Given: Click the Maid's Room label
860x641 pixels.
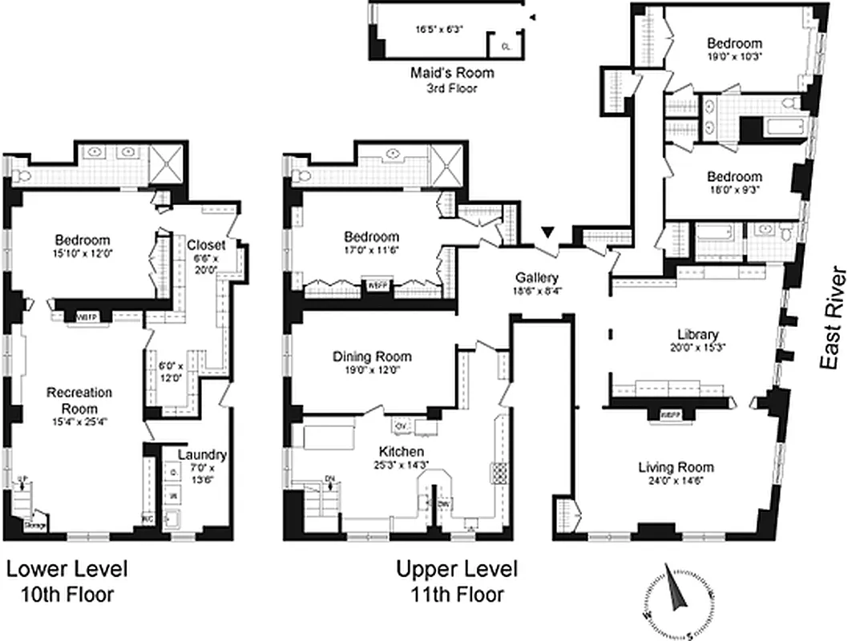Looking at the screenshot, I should point(452,73).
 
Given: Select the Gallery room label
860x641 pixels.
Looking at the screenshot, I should point(536,277).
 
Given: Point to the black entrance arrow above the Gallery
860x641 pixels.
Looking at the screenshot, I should point(547,232).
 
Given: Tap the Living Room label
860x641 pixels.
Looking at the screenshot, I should point(676,467).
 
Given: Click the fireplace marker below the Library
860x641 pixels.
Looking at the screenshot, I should point(670,415).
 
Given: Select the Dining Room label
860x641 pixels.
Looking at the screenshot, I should point(372,357).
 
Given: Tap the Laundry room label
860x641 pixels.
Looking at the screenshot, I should point(202,455).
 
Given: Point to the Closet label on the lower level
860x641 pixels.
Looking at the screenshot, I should point(206,245).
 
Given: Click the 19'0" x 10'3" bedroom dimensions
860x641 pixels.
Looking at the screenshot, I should point(733,58).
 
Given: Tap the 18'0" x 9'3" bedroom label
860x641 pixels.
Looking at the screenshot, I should point(733,177).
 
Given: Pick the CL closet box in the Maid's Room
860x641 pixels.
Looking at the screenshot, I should point(506,46).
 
